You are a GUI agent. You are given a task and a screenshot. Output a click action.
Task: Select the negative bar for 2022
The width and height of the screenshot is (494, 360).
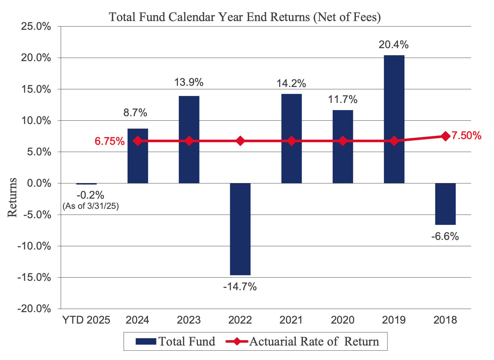(x=240, y=229)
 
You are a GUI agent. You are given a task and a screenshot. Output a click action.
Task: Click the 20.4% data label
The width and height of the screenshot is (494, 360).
(x=394, y=45)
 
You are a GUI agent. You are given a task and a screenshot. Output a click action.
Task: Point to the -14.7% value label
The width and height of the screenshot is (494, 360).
(x=240, y=287)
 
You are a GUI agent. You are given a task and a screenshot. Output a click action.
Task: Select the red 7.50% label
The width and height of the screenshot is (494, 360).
(x=466, y=136)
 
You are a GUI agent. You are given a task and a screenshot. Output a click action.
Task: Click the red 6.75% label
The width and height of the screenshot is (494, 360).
(x=110, y=141)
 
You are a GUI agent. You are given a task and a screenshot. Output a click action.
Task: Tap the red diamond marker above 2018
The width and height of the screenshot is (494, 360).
(x=446, y=136)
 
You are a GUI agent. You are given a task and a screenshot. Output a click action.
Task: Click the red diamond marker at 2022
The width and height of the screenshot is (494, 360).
(x=240, y=141)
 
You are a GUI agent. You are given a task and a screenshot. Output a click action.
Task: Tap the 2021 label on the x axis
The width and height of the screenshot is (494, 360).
(x=291, y=320)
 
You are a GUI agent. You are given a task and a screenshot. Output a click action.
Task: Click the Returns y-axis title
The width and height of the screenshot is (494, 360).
(x=12, y=197)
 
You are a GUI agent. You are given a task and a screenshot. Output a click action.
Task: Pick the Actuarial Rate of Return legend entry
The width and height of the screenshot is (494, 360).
(x=302, y=341)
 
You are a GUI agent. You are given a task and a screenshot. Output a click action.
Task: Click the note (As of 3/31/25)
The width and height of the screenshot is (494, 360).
(x=91, y=206)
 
